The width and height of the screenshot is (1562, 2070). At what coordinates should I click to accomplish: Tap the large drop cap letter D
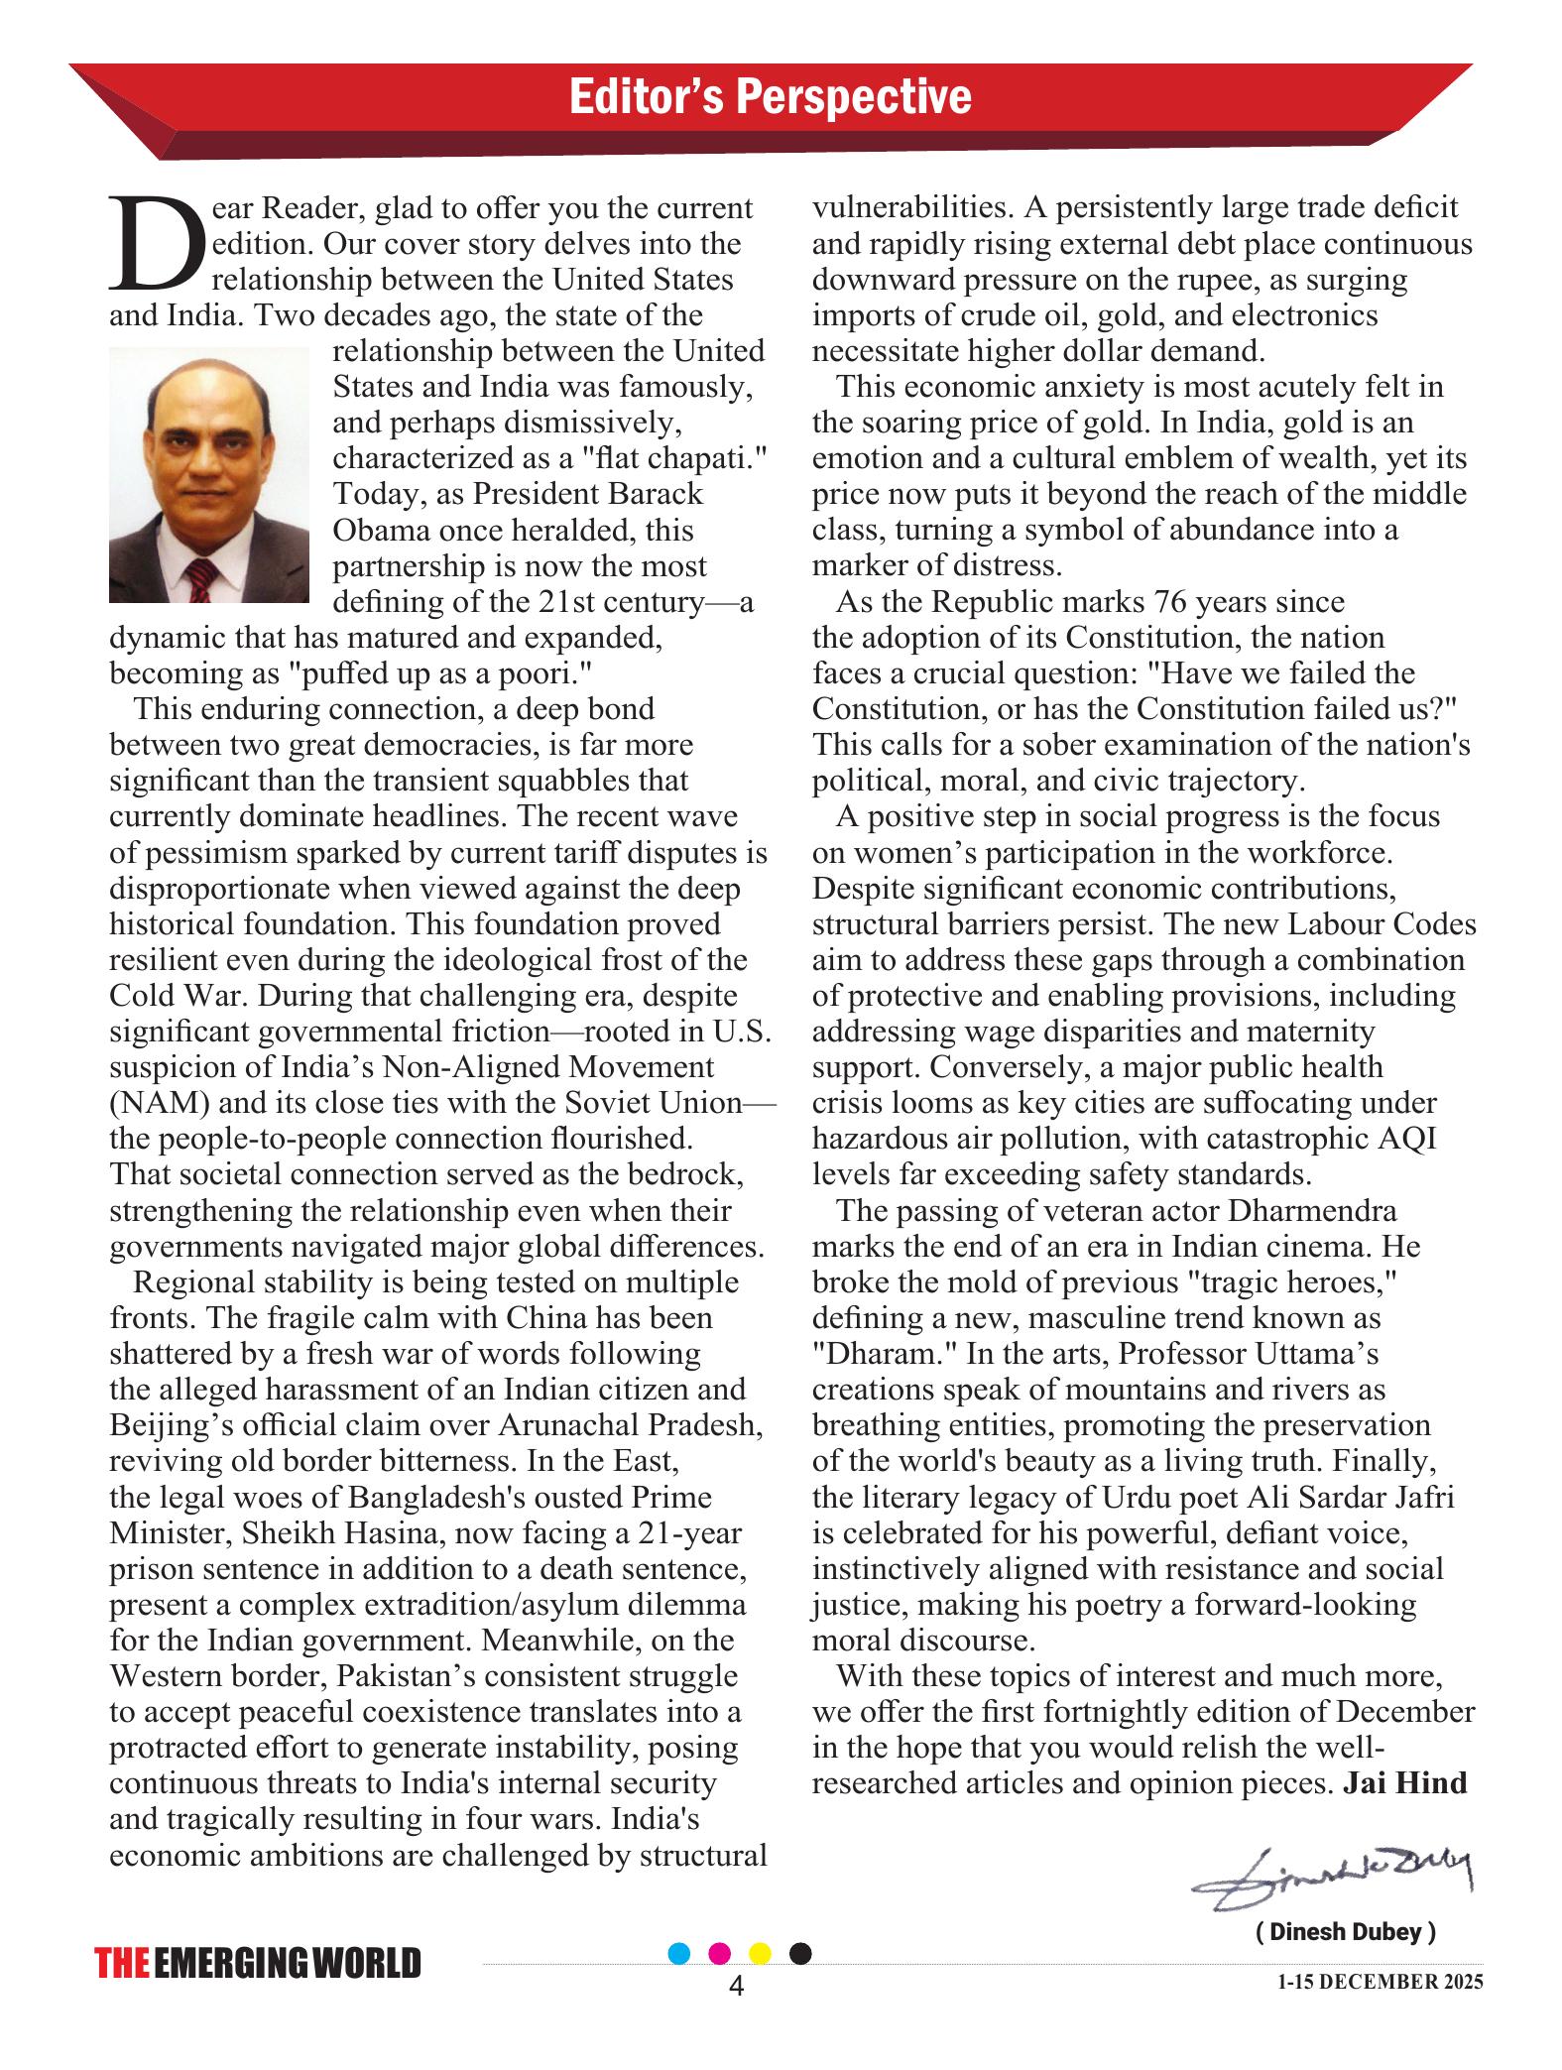157,244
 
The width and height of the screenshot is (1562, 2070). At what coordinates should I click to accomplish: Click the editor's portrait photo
208,475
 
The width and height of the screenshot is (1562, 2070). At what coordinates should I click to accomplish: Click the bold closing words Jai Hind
1404,1782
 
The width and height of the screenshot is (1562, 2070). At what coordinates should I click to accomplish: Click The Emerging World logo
258,1963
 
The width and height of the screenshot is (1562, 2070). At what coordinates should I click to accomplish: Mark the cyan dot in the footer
679,1953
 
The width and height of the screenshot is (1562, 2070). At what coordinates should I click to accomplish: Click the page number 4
736,1986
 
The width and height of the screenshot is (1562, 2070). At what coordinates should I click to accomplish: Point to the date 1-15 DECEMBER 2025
1381,1982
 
